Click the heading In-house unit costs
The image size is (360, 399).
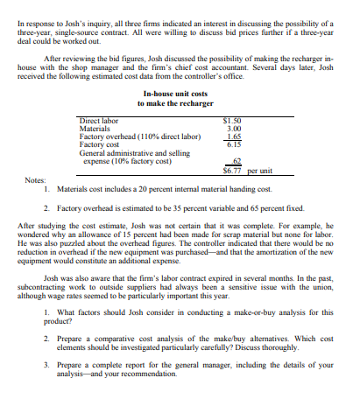point(180,94)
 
